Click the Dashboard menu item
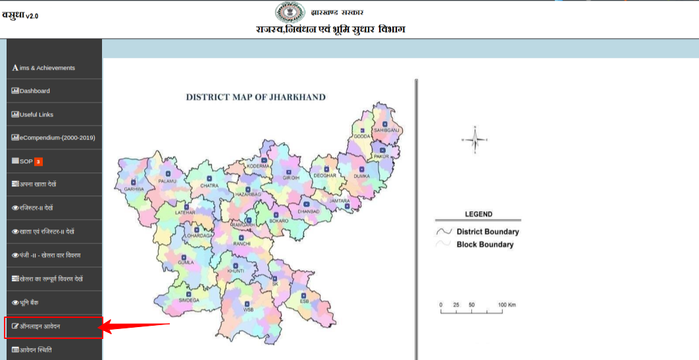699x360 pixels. tap(34, 91)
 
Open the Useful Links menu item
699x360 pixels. tap(36, 115)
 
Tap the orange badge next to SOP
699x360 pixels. tap(39, 161)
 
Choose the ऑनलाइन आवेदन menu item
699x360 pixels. tap(40, 326)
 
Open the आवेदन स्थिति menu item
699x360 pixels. tap(36, 349)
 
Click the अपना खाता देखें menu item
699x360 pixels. tap(38, 185)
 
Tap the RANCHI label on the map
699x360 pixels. tap(242, 244)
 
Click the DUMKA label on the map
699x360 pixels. tap(361, 176)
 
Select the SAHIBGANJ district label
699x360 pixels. tap(386, 130)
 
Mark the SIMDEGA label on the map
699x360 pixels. tap(188, 300)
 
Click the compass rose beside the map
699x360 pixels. tap(475, 140)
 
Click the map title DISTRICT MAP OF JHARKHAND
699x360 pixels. tap(255, 97)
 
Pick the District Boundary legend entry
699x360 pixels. tap(487, 232)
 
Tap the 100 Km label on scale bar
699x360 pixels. tap(507, 305)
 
